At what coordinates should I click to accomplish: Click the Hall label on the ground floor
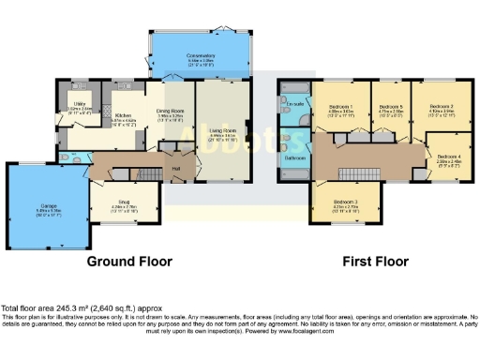(175, 169)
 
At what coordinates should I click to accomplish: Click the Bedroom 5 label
(390, 108)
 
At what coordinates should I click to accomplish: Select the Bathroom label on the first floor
(293, 157)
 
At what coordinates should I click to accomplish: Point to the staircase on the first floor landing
(360, 173)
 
